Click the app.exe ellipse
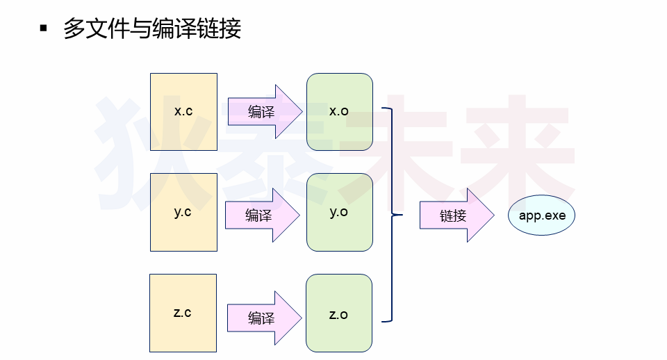pyautogui.click(x=542, y=215)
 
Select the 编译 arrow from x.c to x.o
pyautogui.click(x=264, y=111)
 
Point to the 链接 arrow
pyautogui.click(x=456, y=215)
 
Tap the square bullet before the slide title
pyautogui.click(x=44, y=28)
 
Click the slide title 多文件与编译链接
pyautogui.click(x=152, y=29)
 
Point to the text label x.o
pyautogui.click(x=339, y=111)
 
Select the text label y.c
pyautogui.click(x=183, y=212)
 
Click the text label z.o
pyautogui.click(x=338, y=315)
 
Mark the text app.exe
pyautogui.click(x=542, y=215)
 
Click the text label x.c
pyautogui.click(x=183, y=111)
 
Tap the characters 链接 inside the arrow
pyautogui.click(x=452, y=216)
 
